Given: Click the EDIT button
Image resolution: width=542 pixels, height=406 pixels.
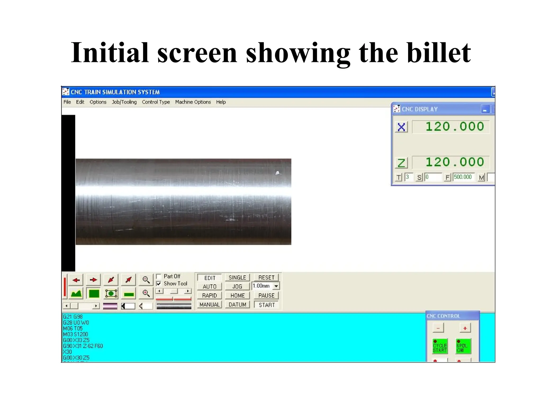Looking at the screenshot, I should (x=210, y=278).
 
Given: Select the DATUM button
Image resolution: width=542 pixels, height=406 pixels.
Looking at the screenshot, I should (x=237, y=304).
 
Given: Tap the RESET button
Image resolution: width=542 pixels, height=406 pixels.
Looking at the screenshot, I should (x=266, y=278).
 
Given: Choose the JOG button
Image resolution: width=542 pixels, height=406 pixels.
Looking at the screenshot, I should (x=237, y=287).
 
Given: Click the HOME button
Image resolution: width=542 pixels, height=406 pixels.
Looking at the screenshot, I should (x=237, y=296).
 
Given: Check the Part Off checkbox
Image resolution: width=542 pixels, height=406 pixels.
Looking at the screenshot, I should (x=159, y=276).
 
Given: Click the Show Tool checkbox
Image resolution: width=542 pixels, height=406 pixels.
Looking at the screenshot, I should (x=159, y=284).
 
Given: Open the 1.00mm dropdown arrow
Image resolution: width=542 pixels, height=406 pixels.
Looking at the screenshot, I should (x=276, y=286).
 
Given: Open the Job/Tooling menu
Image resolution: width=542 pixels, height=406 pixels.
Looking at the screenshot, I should (x=124, y=102).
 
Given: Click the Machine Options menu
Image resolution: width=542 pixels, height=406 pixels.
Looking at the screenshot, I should (x=193, y=102).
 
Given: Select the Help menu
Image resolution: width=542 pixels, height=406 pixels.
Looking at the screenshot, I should (x=221, y=102).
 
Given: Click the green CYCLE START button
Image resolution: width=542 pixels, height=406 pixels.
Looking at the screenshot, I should (x=440, y=346).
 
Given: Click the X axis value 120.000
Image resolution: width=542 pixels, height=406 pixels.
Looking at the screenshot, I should (x=454, y=127).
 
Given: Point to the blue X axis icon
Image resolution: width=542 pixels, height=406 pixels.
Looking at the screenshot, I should (x=401, y=127).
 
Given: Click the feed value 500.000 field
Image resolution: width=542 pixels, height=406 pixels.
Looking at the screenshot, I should (x=463, y=177).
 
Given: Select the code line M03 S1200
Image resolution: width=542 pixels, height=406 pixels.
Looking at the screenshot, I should (x=75, y=334).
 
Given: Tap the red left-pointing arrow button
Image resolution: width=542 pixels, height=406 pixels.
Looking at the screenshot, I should (x=76, y=280).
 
